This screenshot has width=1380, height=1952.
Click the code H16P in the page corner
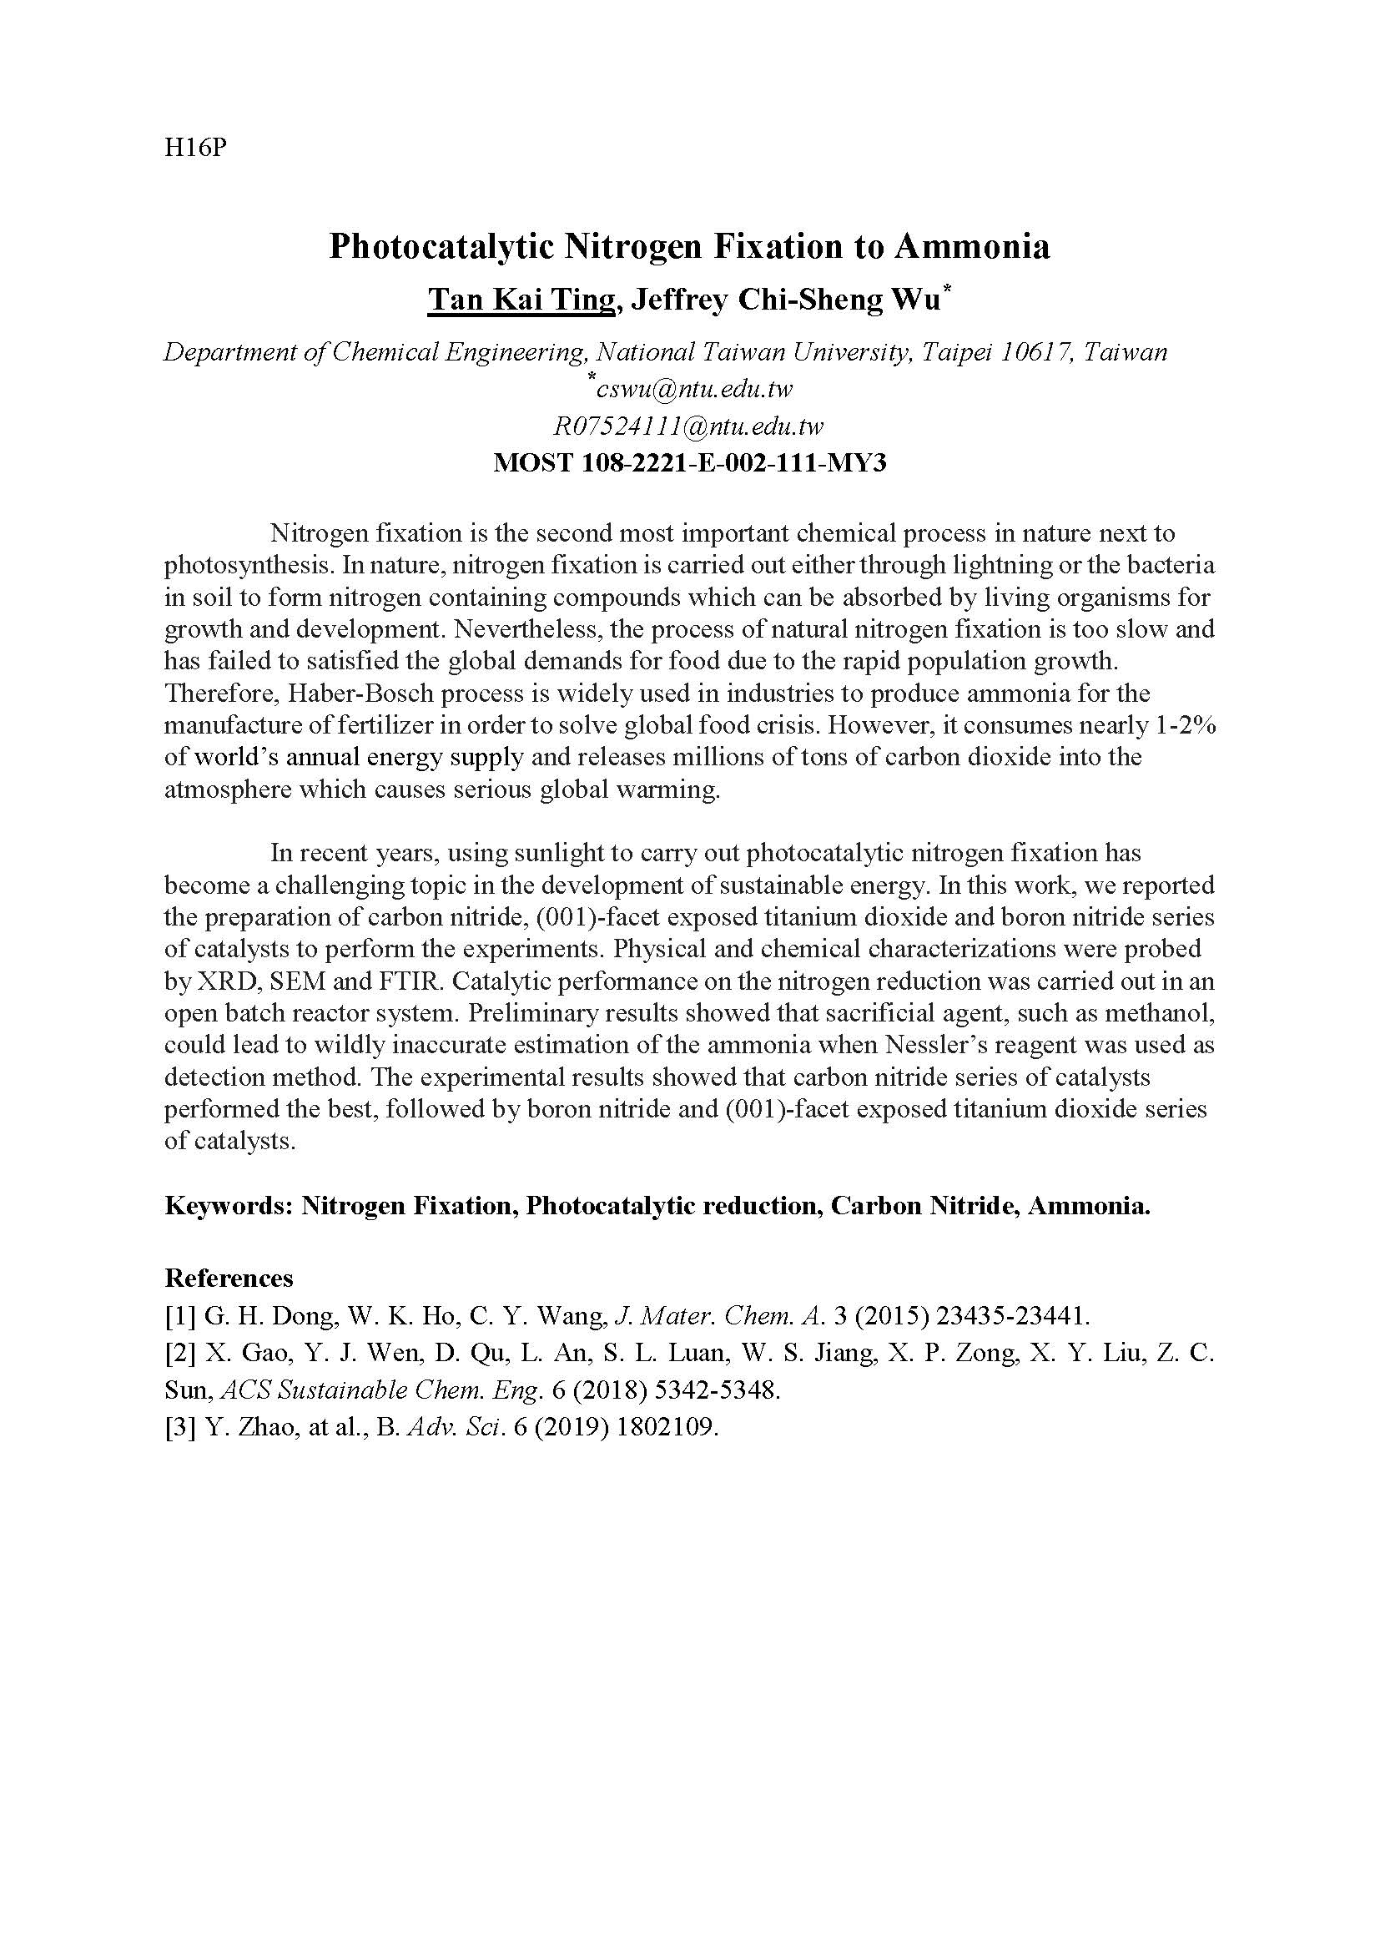coord(194,148)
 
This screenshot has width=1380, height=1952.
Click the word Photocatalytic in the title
coord(442,245)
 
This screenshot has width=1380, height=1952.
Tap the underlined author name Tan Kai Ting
coord(520,300)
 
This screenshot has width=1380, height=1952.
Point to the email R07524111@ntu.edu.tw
coord(688,426)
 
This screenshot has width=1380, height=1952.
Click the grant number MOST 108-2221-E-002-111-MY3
coord(690,463)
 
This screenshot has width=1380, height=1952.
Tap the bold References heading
coord(229,1279)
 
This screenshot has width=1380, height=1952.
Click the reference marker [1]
coord(180,1317)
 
